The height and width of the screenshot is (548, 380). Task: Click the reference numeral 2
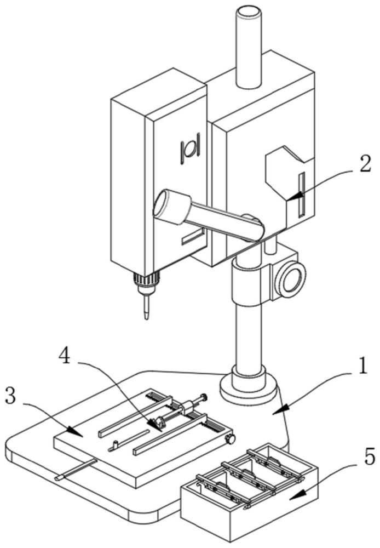point(365,164)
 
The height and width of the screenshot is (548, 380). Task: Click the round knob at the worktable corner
point(231,439)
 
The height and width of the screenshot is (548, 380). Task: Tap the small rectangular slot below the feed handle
point(192,237)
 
